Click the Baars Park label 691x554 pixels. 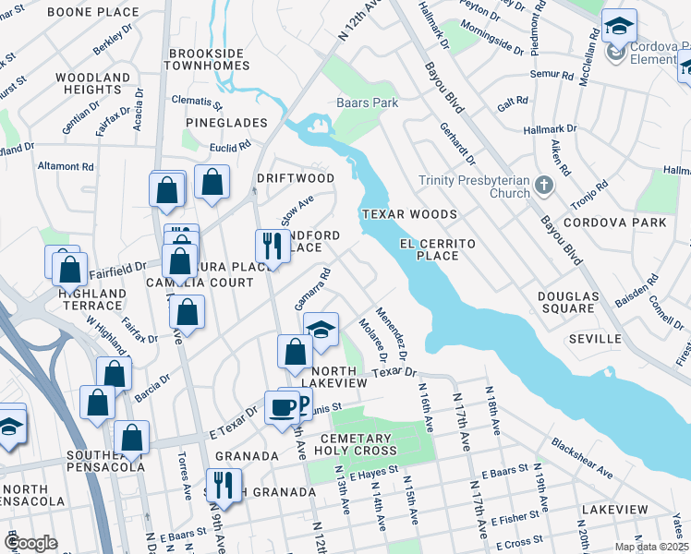(367, 102)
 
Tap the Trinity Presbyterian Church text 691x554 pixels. (474, 187)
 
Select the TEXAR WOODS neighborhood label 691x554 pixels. (396, 213)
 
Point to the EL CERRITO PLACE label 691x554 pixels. (437, 249)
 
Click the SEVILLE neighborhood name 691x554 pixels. (595, 339)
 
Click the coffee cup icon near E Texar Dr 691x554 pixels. (282, 406)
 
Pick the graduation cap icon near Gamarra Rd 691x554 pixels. (321, 330)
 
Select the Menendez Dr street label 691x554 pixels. (391, 328)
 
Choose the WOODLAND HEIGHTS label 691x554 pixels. (93, 83)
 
